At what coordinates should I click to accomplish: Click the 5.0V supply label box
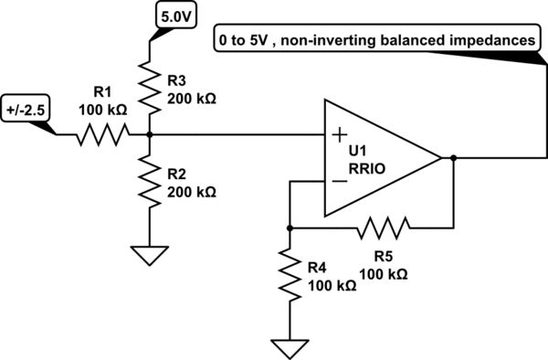tap(177, 16)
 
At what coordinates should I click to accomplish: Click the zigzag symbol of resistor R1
tap(101, 135)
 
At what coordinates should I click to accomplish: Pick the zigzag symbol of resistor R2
tap(148, 181)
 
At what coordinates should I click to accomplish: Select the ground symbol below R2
tap(148, 254)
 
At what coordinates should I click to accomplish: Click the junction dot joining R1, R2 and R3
tap(148, 135)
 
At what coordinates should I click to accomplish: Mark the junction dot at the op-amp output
tap(453, 158)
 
